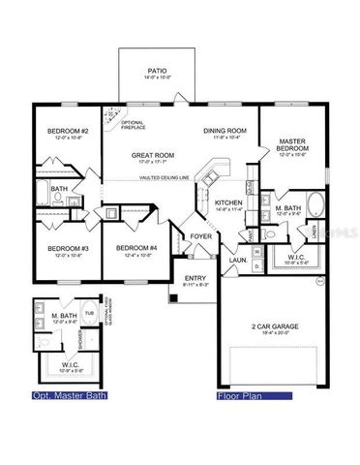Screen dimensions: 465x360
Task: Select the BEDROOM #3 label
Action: click(69, 248)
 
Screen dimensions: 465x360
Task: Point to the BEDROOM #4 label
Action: click(135, 248)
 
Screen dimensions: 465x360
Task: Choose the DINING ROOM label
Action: click(225, 131)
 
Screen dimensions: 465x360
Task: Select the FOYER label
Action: click(201, 236)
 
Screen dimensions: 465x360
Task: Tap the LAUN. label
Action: click(237, 260)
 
